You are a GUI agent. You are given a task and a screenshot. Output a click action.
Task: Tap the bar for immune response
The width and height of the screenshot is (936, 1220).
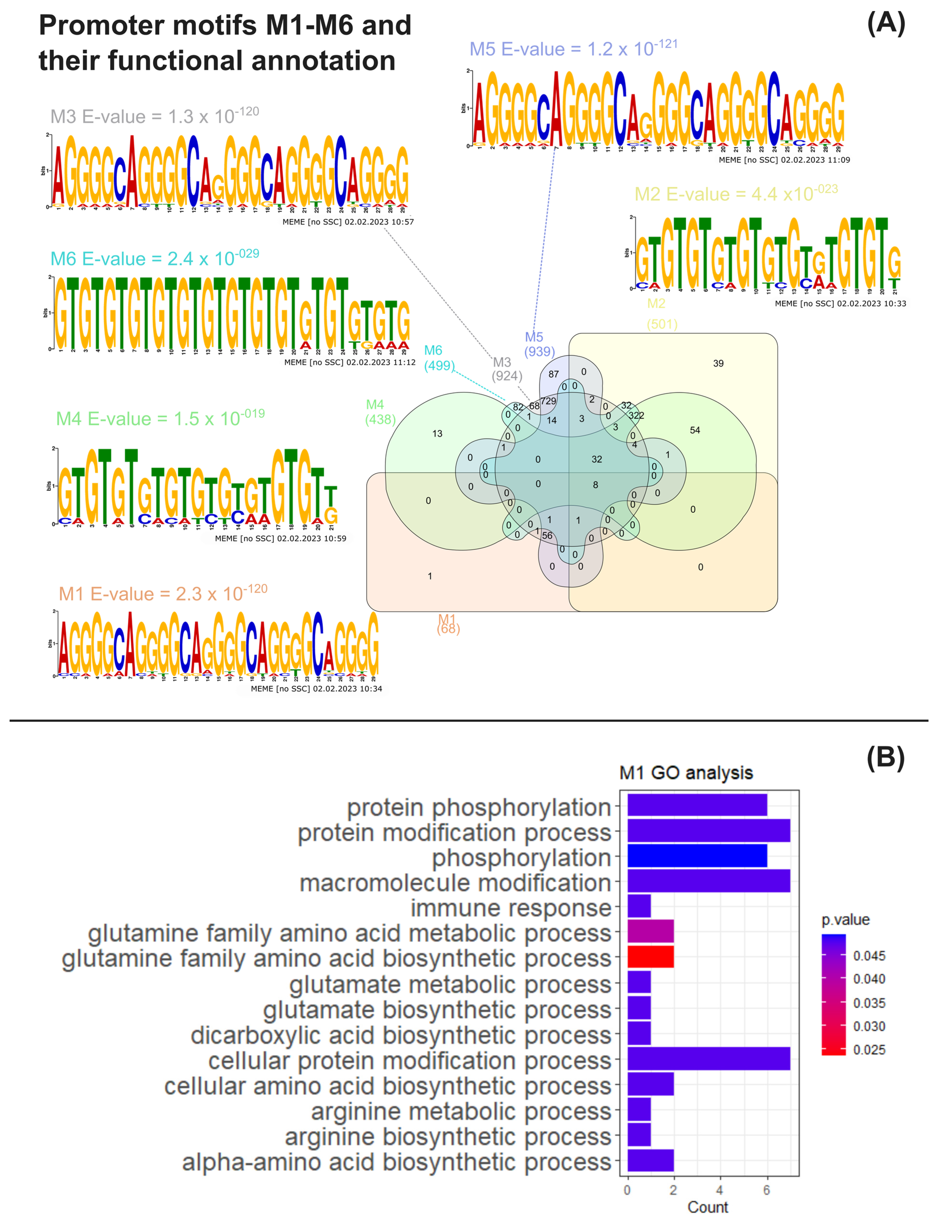pos(639,906)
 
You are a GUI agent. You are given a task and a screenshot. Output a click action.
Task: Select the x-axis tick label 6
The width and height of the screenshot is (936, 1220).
pos(767,1190)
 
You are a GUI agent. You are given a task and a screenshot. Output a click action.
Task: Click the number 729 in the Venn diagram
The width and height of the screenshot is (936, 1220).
pos(548,401)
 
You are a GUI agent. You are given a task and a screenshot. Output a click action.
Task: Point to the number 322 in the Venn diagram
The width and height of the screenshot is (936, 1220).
pos(636,415)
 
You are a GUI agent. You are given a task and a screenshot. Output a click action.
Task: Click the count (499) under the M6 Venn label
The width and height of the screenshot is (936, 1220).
pos(440,366)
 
